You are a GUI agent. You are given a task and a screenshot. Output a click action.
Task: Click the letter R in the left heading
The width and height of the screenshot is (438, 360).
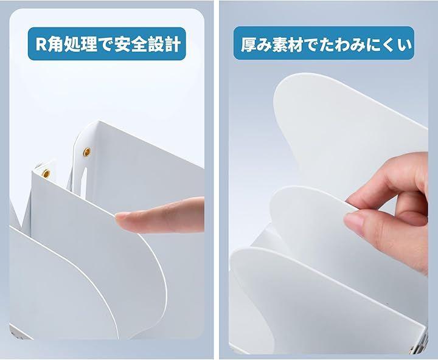click(x=41, y=44)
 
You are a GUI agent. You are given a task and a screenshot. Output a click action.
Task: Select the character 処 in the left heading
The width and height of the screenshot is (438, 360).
click(x=72, y=44)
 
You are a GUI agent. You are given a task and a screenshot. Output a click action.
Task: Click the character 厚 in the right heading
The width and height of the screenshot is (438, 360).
click(x=249, y=44)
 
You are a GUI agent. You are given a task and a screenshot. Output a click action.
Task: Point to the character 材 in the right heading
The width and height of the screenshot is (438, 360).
click(x=294, y=44)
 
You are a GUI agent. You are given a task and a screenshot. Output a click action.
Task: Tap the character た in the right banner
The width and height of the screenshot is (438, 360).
click(x=325, y=44)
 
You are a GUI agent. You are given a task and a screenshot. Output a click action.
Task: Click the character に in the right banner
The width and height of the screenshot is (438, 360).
click(x=373, y=44)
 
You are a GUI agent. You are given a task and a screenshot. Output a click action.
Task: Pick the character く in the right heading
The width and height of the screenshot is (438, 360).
click(x=388, y=44)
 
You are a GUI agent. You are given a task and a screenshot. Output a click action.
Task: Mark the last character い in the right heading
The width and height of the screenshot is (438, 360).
click(x=404, y=44)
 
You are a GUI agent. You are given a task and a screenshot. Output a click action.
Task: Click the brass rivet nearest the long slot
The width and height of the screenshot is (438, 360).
click(x=87, y=151)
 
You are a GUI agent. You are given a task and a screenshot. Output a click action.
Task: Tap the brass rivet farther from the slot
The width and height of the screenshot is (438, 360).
click(x=46, y=173)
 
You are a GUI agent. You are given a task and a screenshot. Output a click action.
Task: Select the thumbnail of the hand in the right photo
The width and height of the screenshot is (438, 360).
click(x=352, y=220)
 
